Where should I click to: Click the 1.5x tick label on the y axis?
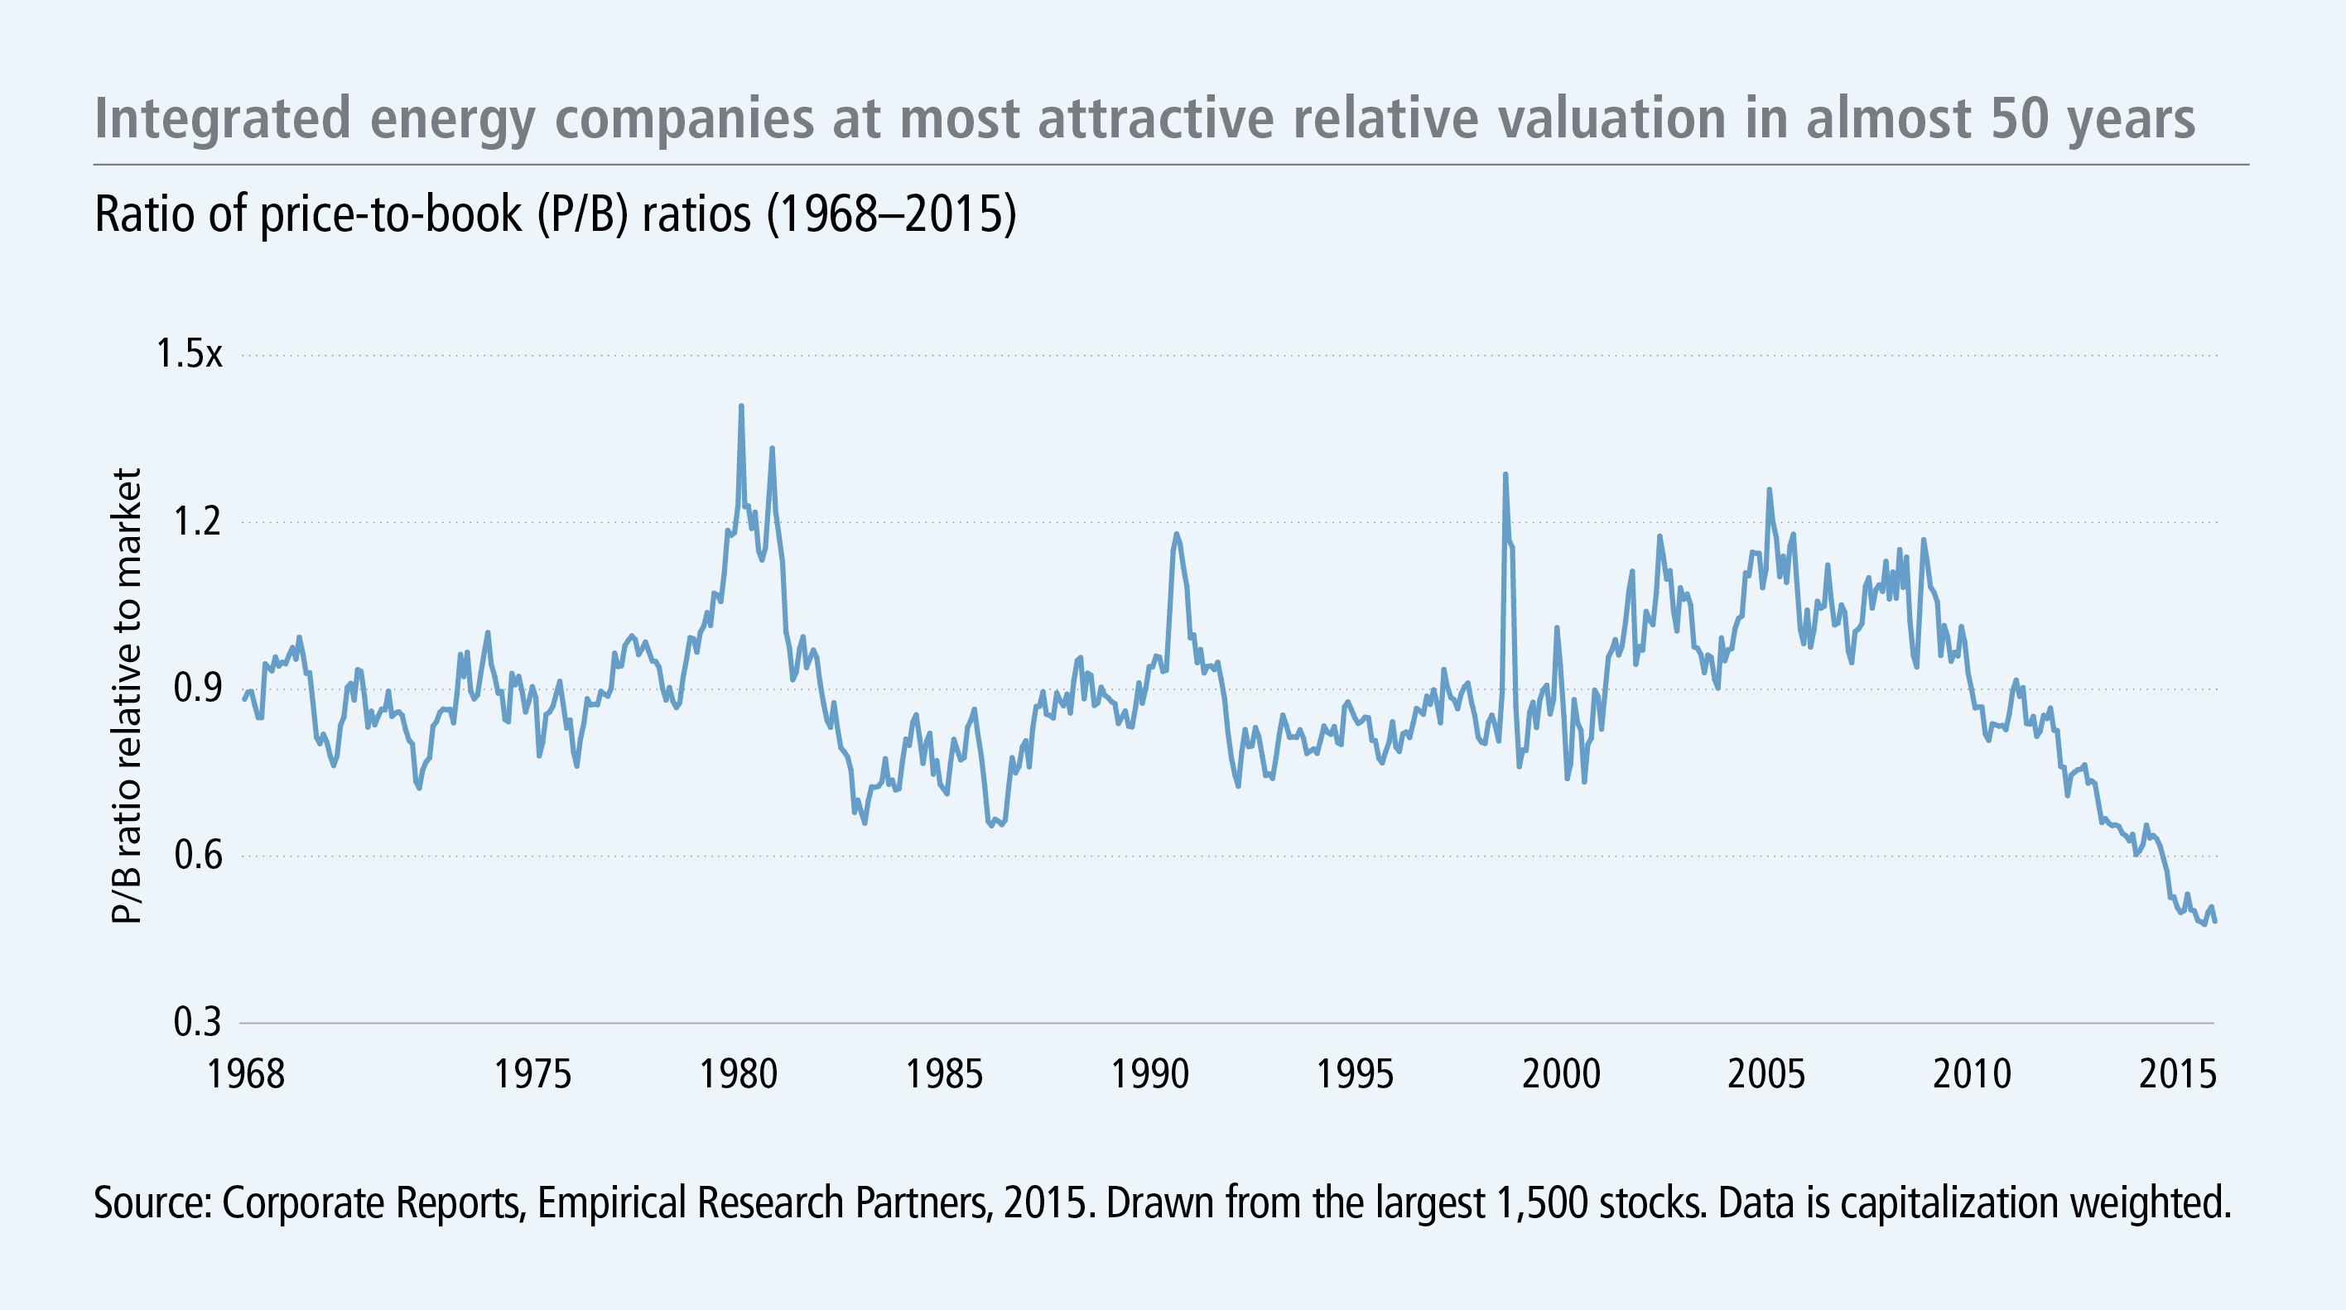pyautogui.click(x=189, y=354)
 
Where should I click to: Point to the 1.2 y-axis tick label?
pyautogui.click(x=198, y=521)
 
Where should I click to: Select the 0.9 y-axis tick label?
pyautogui.click(x=198, y=689)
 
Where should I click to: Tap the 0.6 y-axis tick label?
pyautogui.click(x=198, y=857)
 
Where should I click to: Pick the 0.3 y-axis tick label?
pyautogui.click(x=198, y=1023)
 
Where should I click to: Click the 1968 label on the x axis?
pyautogui.click(x=246, y=1075)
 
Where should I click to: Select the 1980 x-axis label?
pyautogui.click(x=739, y=1075)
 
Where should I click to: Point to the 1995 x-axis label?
pyautogui.click(x=1355, y=1075)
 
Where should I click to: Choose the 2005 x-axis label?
pyautogui.click(x=1766, y=1075)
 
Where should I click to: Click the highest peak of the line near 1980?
pyautogui.click(x=741, y=407)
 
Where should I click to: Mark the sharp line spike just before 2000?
pyautogui.click(x=1505, y=474)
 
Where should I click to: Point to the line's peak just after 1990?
pyautogui.click(x=1176, y=535)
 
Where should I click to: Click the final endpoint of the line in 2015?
pyautogui.click(x=2215, y=922)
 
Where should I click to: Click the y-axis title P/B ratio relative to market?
pyautogui.click(x=128, y=697)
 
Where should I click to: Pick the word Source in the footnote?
pyautogui.click(x=150, y=1202)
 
